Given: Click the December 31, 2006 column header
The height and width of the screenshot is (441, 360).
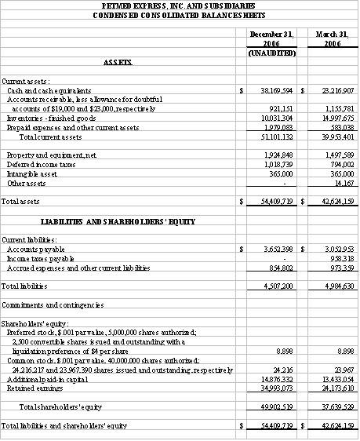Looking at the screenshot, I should (270, 38).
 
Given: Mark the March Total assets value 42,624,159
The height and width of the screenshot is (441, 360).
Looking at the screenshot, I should (333, 202).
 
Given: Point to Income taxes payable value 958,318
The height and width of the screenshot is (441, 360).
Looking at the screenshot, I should (337, 258).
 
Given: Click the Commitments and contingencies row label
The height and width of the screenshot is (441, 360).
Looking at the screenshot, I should (53, 304).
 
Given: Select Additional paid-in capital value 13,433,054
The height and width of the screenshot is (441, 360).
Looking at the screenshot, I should (333, 379).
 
